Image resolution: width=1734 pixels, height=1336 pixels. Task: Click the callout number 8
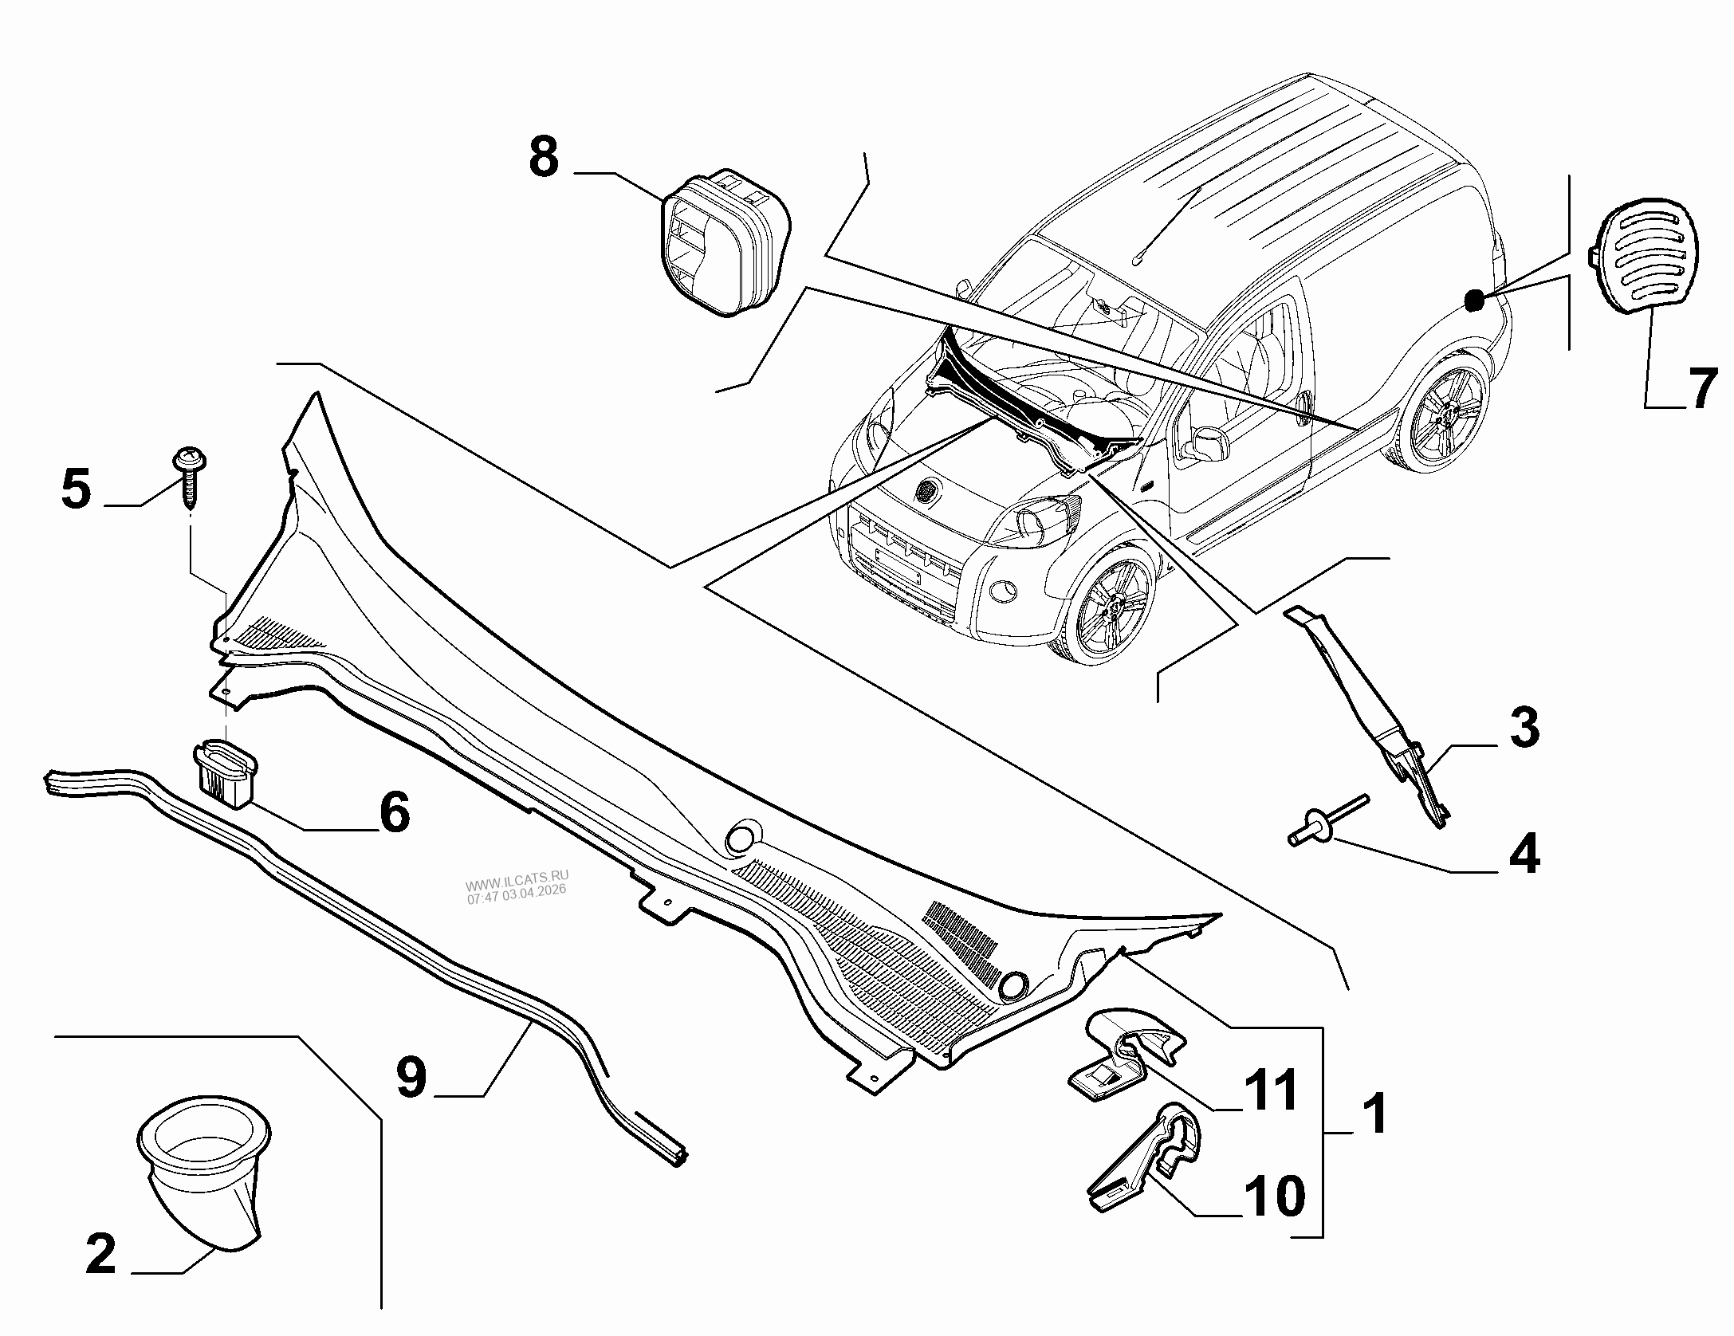pyautogui.click(x=544, y=158)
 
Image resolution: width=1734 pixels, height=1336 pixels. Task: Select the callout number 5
pyautogui.click(x=77, y=489)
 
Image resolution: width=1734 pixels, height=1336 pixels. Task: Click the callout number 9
pyautogui.click(x=412, y=1078)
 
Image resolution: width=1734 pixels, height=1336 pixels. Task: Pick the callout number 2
pyautogui.click(x=101, y=1254)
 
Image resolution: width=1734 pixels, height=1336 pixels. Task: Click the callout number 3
pyautogui.click(x=1524, y=728)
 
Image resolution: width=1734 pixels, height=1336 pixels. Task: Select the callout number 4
pyautogui.click(x=1524, y=853)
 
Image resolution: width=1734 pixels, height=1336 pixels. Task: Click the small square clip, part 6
pyautogui.click(x=226, y=770)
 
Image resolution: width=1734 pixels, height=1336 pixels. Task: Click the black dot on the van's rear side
pyautogui.click(x=1474, y=301)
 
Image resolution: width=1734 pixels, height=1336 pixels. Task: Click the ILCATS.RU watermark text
pyautogui.click(x=516, y=886)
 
